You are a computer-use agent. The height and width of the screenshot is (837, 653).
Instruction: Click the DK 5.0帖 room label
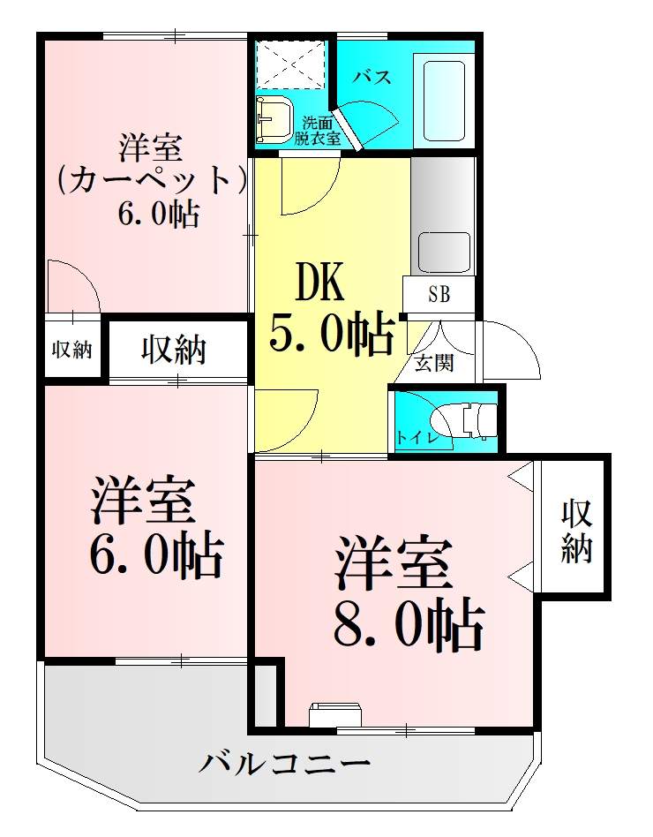pyautogui.click(x=331, y=309)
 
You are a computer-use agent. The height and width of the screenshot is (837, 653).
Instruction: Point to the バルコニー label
pyautogui.click(x=283, y=761)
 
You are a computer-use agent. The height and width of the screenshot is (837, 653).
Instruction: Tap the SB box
pyautogui.click(x=439, y=295)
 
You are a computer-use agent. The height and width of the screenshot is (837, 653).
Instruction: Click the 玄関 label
pyautogui.click(x=434, y=362)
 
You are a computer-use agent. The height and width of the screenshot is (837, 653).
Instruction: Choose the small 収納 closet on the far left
pyautogui.click(x=71, y=350)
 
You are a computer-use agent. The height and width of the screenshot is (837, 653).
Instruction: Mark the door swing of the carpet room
pyautogui.click(x=72, y=286)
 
